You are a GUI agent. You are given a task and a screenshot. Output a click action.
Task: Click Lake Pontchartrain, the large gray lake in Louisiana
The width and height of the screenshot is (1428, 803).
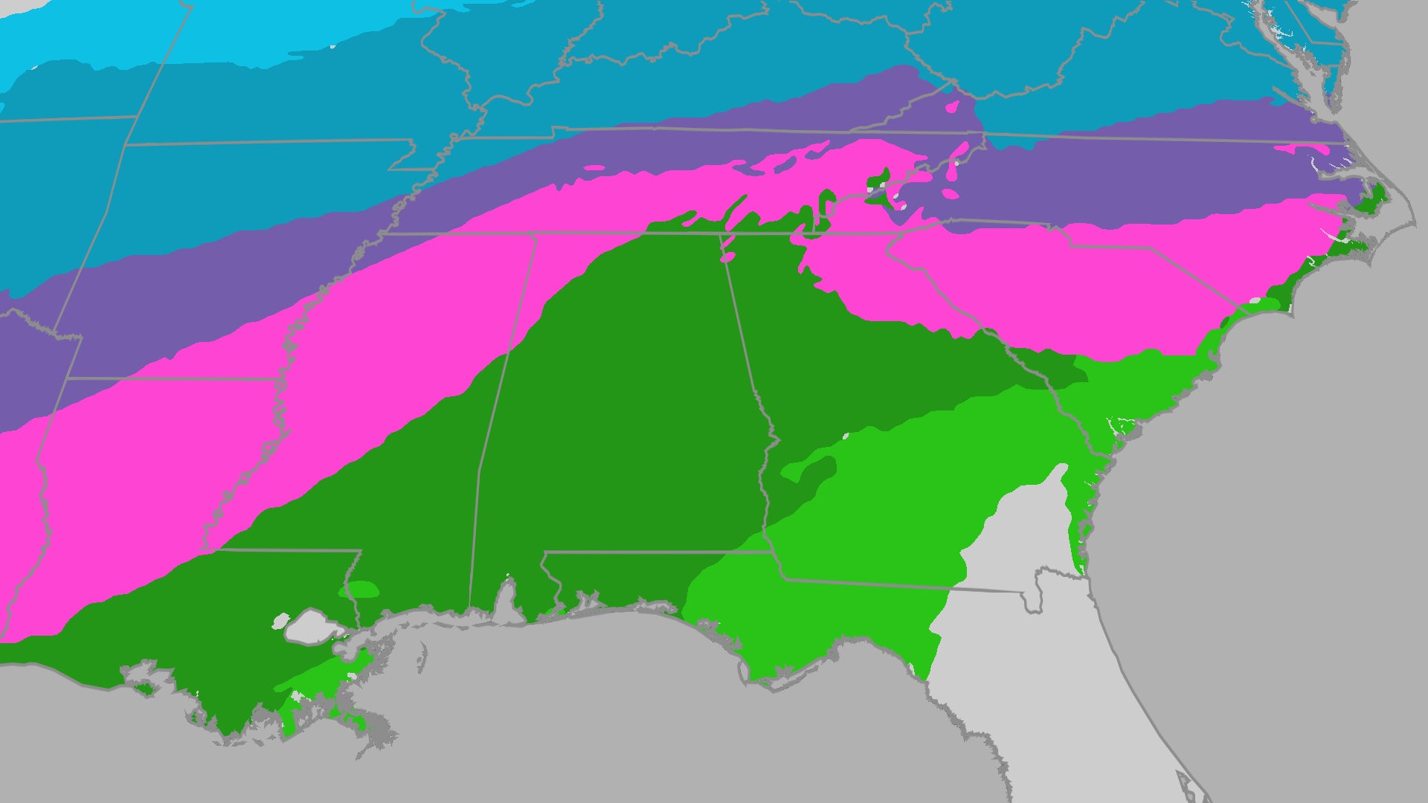[312, 627]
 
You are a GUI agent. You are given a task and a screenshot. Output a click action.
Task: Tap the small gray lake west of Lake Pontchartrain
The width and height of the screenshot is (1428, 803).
[281, 619]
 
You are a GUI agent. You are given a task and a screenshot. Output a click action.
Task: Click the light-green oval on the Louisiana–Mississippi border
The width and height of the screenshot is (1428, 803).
[360, 590]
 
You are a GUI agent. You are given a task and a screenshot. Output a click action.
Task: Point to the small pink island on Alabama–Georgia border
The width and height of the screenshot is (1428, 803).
[727, 257]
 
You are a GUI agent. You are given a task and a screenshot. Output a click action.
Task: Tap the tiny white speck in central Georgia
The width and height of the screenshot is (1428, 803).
[846, 436]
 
